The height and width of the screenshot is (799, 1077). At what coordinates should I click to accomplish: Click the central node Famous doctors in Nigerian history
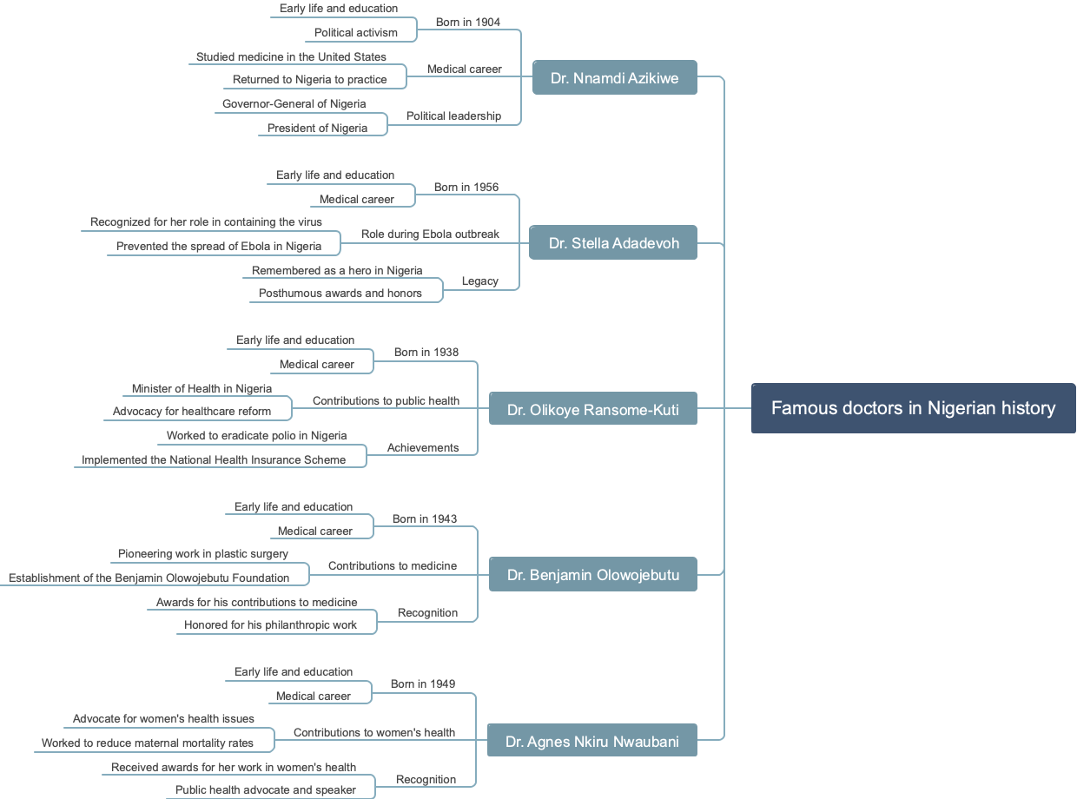tap(913, 408)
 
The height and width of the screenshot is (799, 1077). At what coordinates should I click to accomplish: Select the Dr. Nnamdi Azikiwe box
tap(614, 78)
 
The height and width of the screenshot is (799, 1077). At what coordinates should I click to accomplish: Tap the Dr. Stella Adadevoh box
tap(614, 243)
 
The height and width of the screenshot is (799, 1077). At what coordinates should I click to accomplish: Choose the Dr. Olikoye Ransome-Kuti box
tap(593, 409)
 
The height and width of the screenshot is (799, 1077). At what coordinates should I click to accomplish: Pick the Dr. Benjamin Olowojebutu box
tap(593, 575)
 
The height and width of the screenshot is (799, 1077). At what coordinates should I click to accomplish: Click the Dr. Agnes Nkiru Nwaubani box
tap(592, 741)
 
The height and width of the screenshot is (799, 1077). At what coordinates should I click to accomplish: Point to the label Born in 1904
tap(468, 23)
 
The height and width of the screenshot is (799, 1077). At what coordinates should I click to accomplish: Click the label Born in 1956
tap(466, 188)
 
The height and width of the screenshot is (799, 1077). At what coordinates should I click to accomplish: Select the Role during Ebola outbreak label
tap(430, 234)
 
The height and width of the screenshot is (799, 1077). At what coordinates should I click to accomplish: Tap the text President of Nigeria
tap(317, 129)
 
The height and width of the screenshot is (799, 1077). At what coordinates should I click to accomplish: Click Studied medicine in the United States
tap(291, 57)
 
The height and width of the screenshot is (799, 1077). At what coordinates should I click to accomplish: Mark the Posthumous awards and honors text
tap(340, 294)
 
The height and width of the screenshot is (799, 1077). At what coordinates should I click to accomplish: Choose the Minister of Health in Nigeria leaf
tap(202, 389)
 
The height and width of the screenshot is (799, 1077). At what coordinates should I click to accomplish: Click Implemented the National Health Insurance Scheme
tap(214, 460)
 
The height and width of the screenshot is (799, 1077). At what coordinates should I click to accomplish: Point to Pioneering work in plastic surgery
tap(203, 554)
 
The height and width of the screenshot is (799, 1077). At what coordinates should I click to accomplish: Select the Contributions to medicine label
tap(393, 566)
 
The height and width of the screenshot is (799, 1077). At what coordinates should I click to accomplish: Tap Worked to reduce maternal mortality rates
tap(148, 743)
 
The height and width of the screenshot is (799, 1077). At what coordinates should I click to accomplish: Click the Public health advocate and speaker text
tap(266, 790)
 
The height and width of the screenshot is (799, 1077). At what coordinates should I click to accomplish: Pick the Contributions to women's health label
tap(374, 733)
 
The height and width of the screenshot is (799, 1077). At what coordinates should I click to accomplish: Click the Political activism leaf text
tap(356, 33)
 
